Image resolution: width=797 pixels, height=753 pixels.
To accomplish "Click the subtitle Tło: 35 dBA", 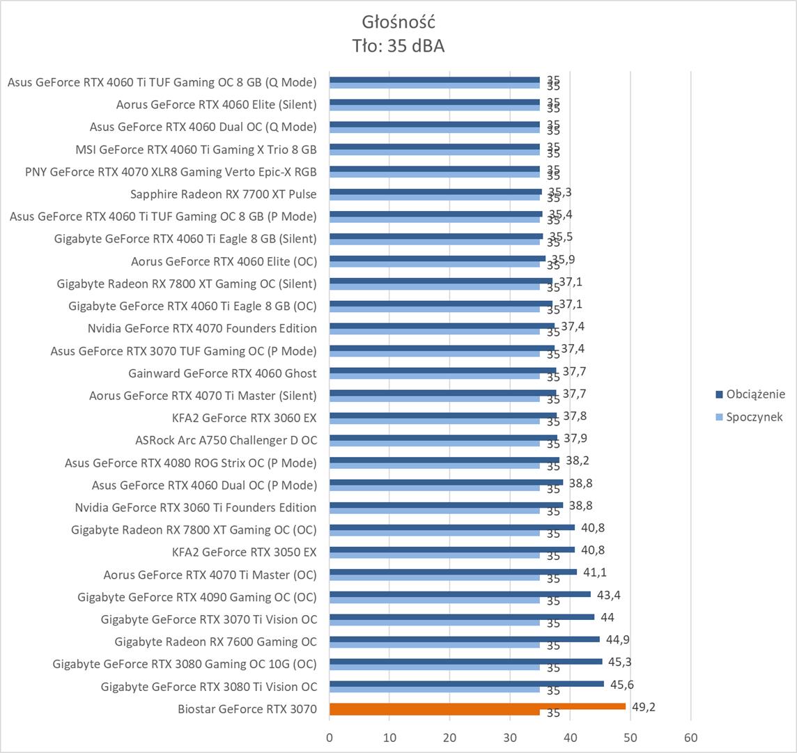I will click(x=398, y=46).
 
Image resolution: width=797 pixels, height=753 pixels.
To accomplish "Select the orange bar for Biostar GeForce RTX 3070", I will click(x=477, y=706).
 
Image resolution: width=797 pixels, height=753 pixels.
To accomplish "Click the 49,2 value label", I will click(x=643, y=707).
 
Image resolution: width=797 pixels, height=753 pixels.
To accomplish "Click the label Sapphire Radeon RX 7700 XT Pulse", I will click(x=223, y=194).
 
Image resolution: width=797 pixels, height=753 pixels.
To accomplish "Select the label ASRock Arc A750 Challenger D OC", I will click(x=226, y=440).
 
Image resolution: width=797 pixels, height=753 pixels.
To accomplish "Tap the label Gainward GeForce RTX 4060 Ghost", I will click(x=222, y=373).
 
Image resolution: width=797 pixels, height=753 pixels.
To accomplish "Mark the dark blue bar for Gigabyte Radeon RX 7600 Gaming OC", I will click(x=464, y=639).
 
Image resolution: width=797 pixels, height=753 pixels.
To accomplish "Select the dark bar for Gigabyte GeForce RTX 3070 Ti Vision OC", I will click(x=461, y=616).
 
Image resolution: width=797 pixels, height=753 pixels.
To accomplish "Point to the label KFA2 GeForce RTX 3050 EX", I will click(x=244, y=552).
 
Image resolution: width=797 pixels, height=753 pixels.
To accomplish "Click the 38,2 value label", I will click(x=577, y=460).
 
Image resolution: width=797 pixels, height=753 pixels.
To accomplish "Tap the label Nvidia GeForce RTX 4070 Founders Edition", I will click(x=202, y=328).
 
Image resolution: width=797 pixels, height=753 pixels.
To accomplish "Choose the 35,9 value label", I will click(x=563, y=259).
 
